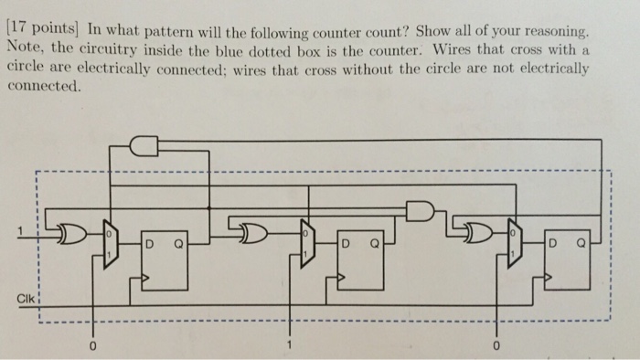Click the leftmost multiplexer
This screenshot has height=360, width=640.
(x=110, y=241)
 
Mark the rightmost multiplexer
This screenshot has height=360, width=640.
(x=513, y=241)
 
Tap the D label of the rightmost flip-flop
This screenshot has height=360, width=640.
(x=551, y=243)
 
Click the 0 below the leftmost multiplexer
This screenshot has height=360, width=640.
(x=91, y=347)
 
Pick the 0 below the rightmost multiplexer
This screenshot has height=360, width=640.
(x=496, y=347)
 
